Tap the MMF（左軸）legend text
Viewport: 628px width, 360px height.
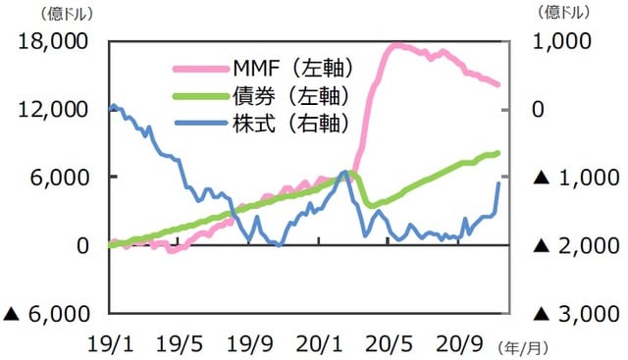pos(292,69)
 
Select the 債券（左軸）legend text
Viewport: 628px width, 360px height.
pos(291,96)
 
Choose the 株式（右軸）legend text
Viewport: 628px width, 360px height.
pos(291,124)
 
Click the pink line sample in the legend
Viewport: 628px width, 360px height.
pos(201,69)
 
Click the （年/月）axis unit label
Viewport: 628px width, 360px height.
pos(526,346)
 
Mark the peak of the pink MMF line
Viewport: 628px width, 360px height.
pos(395,44)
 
